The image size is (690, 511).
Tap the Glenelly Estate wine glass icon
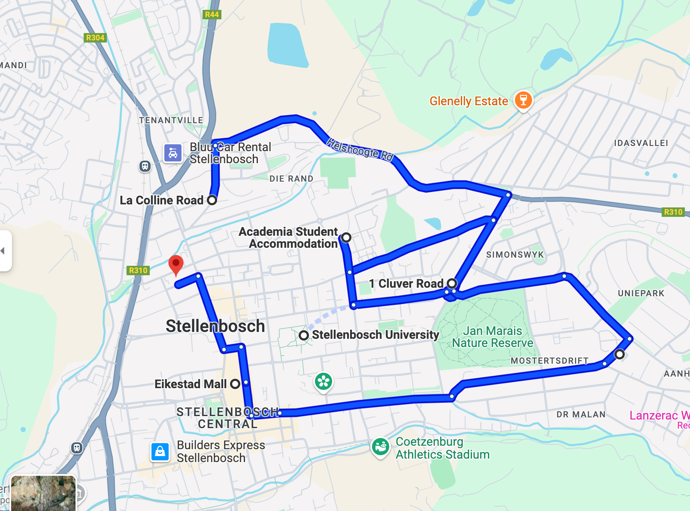[x=523, y=100]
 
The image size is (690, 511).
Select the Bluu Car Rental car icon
[x=173, y=153]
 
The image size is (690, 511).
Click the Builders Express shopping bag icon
[x=160, y=451]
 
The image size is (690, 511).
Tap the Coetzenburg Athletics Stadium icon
[x=380, y=447]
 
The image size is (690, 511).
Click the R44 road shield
[x=212, y=15]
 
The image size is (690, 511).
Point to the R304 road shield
[x=95, y=38]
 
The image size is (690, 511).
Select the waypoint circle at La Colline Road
[x=212, y=200]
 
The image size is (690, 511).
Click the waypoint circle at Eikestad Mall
[x=235, y=384]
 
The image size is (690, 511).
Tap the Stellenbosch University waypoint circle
[x=304, y=335]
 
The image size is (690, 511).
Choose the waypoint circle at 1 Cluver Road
[x=452, y=283]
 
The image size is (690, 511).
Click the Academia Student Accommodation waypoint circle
[x=346, y=237]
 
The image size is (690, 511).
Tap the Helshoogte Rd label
[x=360, y=149]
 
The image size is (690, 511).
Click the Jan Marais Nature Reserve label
[x=492, y=337]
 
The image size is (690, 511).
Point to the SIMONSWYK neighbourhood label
[x=514, y=255]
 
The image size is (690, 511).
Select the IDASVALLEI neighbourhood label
[x=641, y=143]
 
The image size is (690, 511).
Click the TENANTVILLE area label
[x=171, y=120]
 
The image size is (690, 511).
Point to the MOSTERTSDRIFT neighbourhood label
[x=549, y=361]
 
